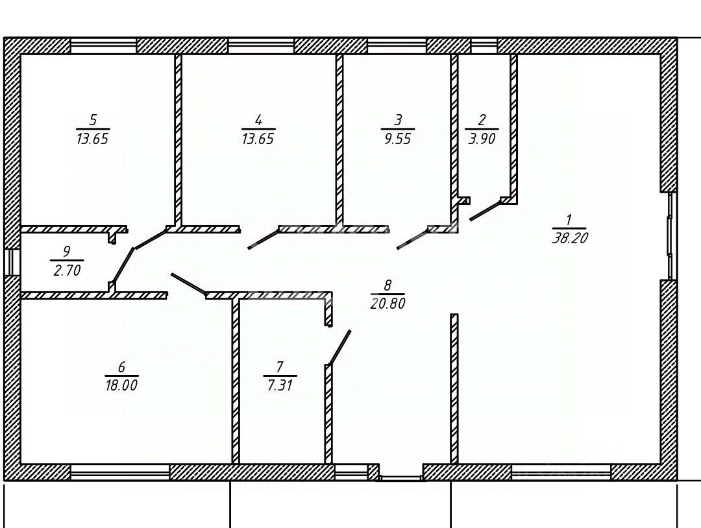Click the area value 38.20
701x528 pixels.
click(569, 238)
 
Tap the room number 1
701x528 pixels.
click(569, 219)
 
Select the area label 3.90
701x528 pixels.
click(482, 139)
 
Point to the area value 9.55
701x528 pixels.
click(397, 139)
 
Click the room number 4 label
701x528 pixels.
click(258, 120)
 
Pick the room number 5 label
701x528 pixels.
click(93, 120)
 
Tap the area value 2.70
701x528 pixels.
click(66, 270)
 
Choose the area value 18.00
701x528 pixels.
click(121, 385)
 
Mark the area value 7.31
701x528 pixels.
click(280, 385)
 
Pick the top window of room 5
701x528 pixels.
click(103, 45)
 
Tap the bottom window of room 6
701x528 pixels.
click(119, 472)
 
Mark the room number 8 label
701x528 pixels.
click(387, 285)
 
